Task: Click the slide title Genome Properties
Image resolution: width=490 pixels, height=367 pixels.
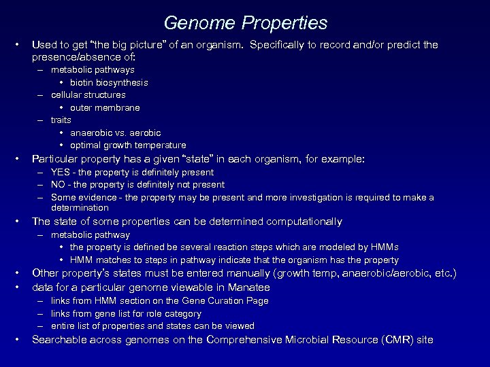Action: click(x=245, y=23)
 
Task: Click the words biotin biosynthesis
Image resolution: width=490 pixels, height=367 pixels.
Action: click(x=109, y=82)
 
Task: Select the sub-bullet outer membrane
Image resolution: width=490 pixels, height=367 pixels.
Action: click(x=105, y=107)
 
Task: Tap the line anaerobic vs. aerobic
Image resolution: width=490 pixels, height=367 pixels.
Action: click(x=115, y=133)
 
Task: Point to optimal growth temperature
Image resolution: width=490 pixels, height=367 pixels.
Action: click(x=127, y=145)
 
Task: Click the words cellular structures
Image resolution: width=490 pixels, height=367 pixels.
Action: click(x=88, y=94)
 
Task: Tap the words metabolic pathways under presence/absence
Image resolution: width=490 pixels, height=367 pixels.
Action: click(x=93, y=69)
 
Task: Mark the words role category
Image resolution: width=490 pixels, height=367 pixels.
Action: click(x=172, y=313)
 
